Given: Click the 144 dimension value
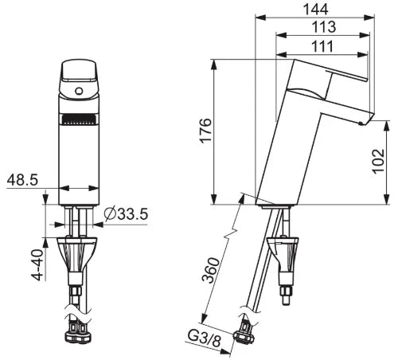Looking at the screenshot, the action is click(315, 9).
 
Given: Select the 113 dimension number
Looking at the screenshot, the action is click(323, 27).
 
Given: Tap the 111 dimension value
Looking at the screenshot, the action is click(322, 46).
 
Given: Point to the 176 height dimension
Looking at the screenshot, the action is click(205, 131).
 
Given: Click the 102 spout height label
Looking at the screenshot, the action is click(378, 161).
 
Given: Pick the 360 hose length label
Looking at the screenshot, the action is click(212, 270).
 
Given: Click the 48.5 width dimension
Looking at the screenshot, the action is click(22, 180).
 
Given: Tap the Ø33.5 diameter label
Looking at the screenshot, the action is click(126, 214).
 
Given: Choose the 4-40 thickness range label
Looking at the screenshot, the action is click(37, 264).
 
